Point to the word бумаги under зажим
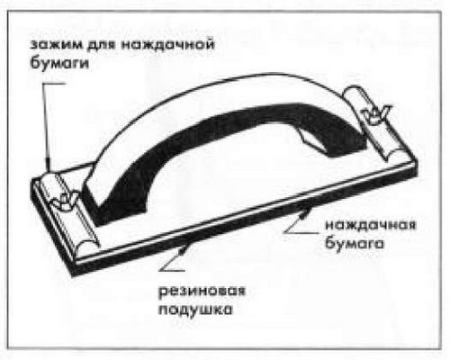(x=59, y=63)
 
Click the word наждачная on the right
(x=371, y=225)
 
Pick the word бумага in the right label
(x=355, y=243)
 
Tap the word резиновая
(x=202, y=292)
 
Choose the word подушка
(x=195, y=310)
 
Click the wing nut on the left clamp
(x=66, y=201)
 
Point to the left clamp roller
(x=69, y=210)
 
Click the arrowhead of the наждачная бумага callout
(x=303, y=212)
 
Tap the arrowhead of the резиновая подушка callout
(x=184, y=250)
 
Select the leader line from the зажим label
(x=47, y=125)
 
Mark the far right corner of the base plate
(x=418, y=159)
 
